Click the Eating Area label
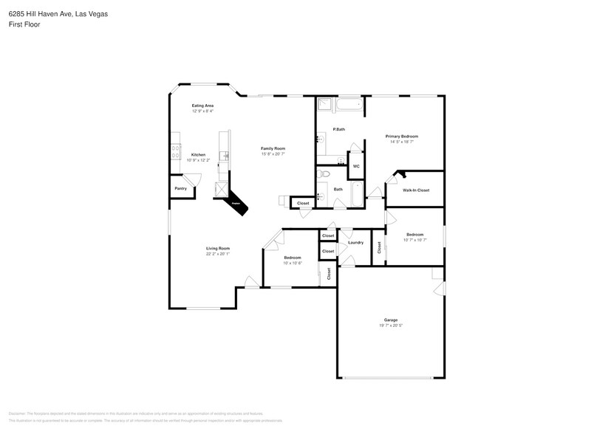point(202,106)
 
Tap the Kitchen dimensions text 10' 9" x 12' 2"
point(198,160)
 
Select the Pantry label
point(180,189)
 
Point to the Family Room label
point(273,148)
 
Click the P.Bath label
point(339,129)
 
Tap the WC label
point(355,166)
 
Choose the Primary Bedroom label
point(402,137)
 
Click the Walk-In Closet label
point(415,190)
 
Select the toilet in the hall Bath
point(324,174)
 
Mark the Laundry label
point(355,243)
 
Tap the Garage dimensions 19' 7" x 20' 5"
point(391,325)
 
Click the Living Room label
point(218,249)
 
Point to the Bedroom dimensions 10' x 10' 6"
point(292,263)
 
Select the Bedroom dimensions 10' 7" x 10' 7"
point(415,240)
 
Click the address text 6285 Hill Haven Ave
point(41,13)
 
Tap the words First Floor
point(25,24)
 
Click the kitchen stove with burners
point(176,151)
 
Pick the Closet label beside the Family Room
point(303,203)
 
